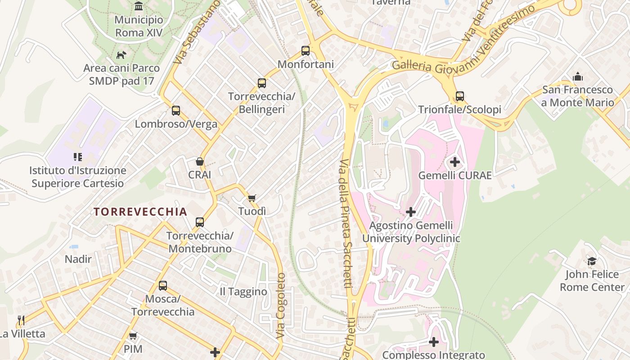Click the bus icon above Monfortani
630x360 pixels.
tap(306, 51)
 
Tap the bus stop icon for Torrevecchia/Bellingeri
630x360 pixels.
tap(262, 83)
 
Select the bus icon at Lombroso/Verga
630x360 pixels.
tap(176, 111)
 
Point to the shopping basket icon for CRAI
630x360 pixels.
tap(200, 162)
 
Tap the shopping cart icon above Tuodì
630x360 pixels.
tap(252, 198)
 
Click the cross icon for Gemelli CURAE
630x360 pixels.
tap(454, 162)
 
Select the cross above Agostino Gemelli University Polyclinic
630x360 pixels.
tap(411, 211)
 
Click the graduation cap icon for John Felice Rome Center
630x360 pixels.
tap(592, 261)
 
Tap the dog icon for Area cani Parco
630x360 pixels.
tap(121, 55)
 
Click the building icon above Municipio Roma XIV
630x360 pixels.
tap(139, 6)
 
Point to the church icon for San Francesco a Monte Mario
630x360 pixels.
tap(578, 76)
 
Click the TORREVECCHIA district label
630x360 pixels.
tap(140, 212)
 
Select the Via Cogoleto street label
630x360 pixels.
tap(281, 306)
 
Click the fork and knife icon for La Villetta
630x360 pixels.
tap(21, 320)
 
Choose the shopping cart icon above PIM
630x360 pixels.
tap(133, 336)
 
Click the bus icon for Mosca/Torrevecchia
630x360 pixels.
tap(163, 286)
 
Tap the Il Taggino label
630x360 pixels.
tap(243, 292)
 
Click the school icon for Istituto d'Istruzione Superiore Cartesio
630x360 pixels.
tap(78, 157)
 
